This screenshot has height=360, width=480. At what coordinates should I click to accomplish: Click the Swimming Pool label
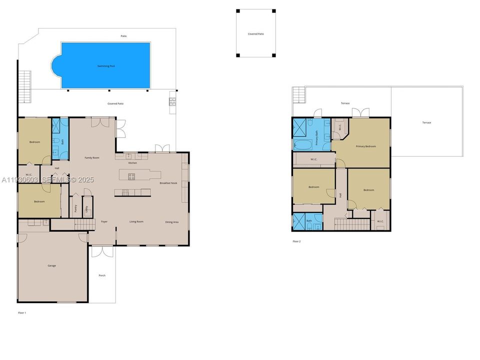(105, 66)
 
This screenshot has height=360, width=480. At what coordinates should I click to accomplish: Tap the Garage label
(51, 265)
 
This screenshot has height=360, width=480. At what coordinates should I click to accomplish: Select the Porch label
(102, 275)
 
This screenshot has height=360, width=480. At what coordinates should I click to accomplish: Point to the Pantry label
(75, 209)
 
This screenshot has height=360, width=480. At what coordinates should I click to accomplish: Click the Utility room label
(86, 208)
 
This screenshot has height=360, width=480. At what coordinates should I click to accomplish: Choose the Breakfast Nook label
(168, 183)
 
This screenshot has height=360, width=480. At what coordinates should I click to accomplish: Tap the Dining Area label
(172, 221)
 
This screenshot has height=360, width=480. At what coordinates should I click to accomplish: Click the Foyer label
(104, 221)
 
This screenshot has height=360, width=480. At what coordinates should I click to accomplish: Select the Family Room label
(91, 157)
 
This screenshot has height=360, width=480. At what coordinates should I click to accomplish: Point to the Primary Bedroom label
(365, 146)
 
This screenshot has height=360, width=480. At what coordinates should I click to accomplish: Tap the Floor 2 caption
(296, 241)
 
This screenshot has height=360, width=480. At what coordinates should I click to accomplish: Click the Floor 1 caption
(21, 312)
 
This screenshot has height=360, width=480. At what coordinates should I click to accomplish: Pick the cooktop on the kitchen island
(131, 176)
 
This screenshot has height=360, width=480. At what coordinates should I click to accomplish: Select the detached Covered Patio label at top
(255, 34)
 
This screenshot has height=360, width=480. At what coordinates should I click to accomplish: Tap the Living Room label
(136, 221)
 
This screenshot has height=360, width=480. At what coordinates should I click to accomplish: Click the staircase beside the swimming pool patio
(24, 85)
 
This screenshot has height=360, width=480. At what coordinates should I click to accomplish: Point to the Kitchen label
(132, 163)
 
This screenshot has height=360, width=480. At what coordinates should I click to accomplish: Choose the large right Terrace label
(426, 122)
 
